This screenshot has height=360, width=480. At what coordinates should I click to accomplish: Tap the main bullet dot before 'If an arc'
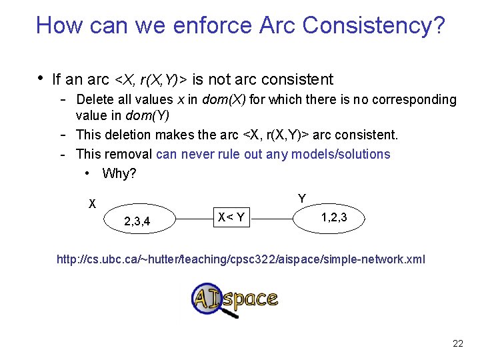[x=41, y=79]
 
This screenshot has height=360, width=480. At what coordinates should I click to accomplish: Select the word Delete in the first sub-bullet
[x=95, y=100]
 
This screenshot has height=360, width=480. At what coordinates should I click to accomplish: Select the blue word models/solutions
[x=340, y=154]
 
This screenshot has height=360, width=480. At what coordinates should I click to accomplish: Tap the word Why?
[x=119, y=173]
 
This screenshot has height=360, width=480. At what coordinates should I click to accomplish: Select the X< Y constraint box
[x=231, y=217]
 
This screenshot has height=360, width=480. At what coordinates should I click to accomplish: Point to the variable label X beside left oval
[x=93, y=203]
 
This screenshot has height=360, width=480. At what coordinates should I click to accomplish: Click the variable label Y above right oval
[x=302, y=199]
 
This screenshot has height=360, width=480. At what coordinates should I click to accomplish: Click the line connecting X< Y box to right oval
[x=273, y=217]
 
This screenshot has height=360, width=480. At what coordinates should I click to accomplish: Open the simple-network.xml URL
[x=241, y=259]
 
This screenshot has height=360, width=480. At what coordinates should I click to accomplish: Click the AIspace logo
[x=234, y=299]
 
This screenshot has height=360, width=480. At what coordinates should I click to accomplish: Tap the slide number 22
[x=457, y=343]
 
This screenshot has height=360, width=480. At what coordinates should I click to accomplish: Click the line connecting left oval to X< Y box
[x=193, y=217]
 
